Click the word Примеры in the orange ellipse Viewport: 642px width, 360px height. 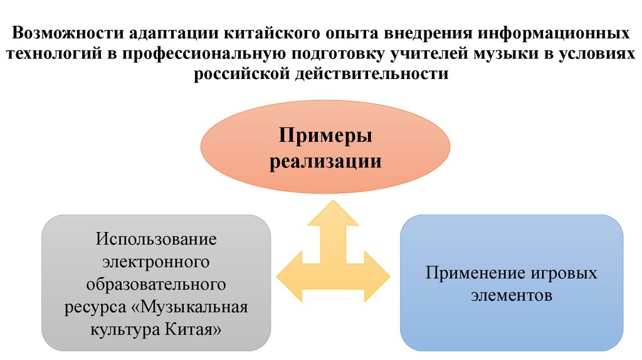325,136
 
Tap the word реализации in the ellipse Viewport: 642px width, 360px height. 325,161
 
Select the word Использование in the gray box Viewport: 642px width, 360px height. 156,240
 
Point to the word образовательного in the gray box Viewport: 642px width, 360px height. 156,285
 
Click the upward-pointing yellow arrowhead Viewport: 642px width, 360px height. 333,210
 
